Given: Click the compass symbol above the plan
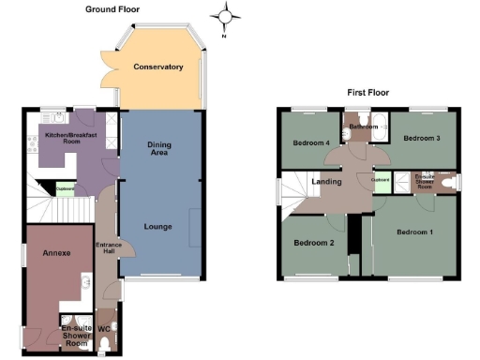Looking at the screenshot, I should click(x=224, y=15).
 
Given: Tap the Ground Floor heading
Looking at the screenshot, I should click(x=112, y=8).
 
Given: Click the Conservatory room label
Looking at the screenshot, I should click(x=157, y=67).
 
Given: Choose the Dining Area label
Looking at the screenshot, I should click(x=157, y=148).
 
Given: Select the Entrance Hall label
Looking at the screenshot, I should click(x=110, y=249).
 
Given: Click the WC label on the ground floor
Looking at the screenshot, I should click(x=104, y=329).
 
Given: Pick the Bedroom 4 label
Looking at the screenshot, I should click(x=310, y=143).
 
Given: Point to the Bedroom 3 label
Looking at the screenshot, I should click(x=421, y=139).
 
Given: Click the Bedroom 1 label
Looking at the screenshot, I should click(x=413, y=232).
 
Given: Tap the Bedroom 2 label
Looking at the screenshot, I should click(x=314, y=242).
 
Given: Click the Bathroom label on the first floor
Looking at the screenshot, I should click(x=362, y=125).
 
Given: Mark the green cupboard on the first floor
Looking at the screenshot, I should click(x=381, y=182).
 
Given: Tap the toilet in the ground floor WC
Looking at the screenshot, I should click(x=105, y=345).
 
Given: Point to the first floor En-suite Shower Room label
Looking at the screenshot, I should click(x=424, y=181).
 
